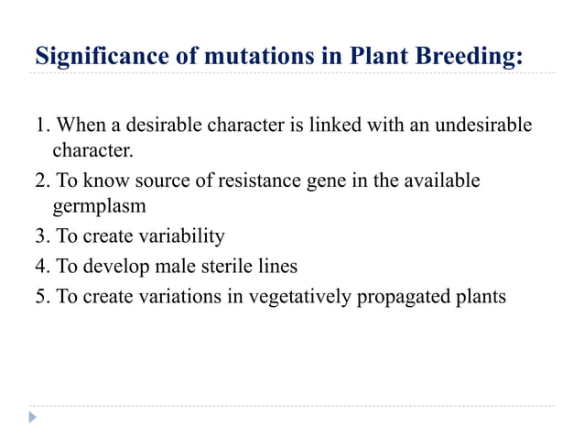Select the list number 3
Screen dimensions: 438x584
41,237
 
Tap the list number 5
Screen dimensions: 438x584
41,295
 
